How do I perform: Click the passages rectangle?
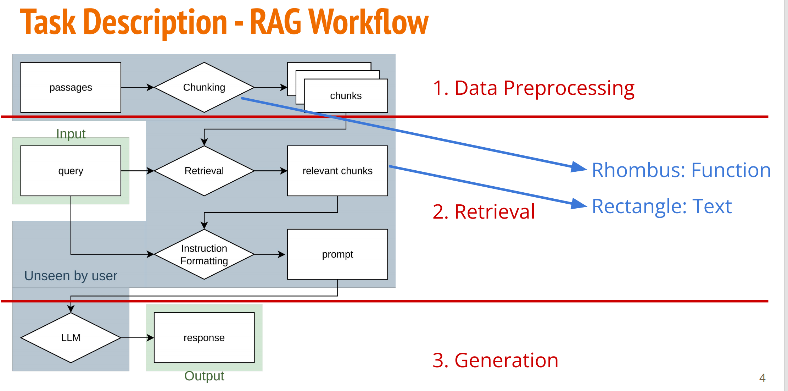71,87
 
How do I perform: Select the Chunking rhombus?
204,87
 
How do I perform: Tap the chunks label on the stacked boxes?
346,96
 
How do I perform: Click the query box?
71,171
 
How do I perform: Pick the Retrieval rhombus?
204,171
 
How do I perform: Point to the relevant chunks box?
337,171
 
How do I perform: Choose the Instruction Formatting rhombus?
204,254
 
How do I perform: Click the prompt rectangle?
337,254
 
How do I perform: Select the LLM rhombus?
71,338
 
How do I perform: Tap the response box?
204,338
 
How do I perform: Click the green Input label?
71,134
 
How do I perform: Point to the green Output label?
204,376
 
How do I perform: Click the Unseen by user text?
71,276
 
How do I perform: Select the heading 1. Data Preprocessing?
533,88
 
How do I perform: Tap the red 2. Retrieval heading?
484,212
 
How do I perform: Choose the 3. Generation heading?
496,360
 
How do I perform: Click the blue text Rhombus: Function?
681,170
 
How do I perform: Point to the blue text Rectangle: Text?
662,206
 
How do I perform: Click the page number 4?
762,378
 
